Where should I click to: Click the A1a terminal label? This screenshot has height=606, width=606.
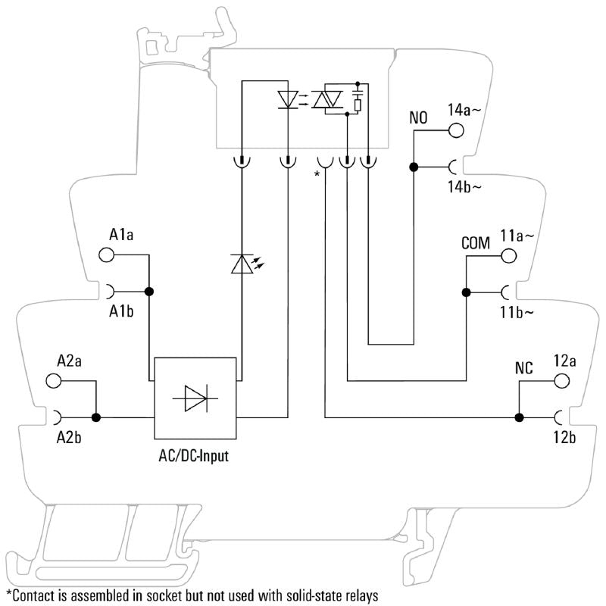pyautogui.click(x=121, y=235)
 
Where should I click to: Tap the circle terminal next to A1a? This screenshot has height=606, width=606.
pyautogui.click(x=107, y=255)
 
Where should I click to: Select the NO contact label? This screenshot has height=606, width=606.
pyautogui.click(x=418, y=119)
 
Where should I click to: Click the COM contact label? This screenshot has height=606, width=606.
pyautogui.click(x=476, y=243)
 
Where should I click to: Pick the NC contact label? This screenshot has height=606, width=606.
pyautogui.click(x=523, y=369)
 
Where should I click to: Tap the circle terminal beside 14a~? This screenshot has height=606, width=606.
pyautogui.click(x=456, y=130)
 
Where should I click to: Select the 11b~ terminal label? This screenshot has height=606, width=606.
pyautogui.click(x=517, y=311)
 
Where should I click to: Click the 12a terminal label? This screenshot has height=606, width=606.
pyautogui.click(x=565, y=361)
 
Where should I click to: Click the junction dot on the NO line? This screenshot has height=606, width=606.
pyautogui.click(x=414, y=167)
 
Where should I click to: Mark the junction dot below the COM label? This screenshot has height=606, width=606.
pyautogui.click(x=467, y=292)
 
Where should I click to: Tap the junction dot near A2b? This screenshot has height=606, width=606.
pyautogui.click(x=96, y=417)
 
